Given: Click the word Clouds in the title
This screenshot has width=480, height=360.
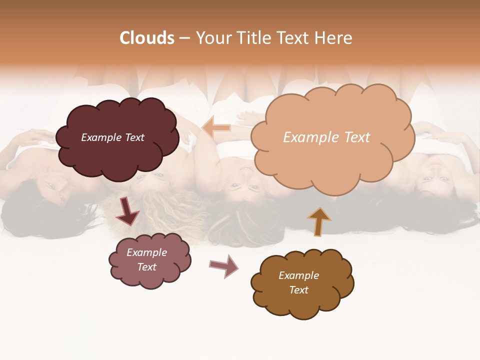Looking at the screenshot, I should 147,38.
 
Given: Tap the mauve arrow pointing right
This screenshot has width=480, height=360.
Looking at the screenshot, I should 223,265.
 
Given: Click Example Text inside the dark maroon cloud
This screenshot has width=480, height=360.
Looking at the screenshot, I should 112,137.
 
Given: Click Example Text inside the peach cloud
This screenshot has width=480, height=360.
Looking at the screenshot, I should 326,137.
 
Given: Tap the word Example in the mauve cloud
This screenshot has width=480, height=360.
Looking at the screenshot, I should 146,252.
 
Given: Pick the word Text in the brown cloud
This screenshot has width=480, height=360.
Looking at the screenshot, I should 298,290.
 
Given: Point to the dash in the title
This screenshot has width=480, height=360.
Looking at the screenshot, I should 184,38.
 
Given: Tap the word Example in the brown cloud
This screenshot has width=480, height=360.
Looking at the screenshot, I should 298,275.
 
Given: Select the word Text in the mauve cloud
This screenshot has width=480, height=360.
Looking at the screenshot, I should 146,267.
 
